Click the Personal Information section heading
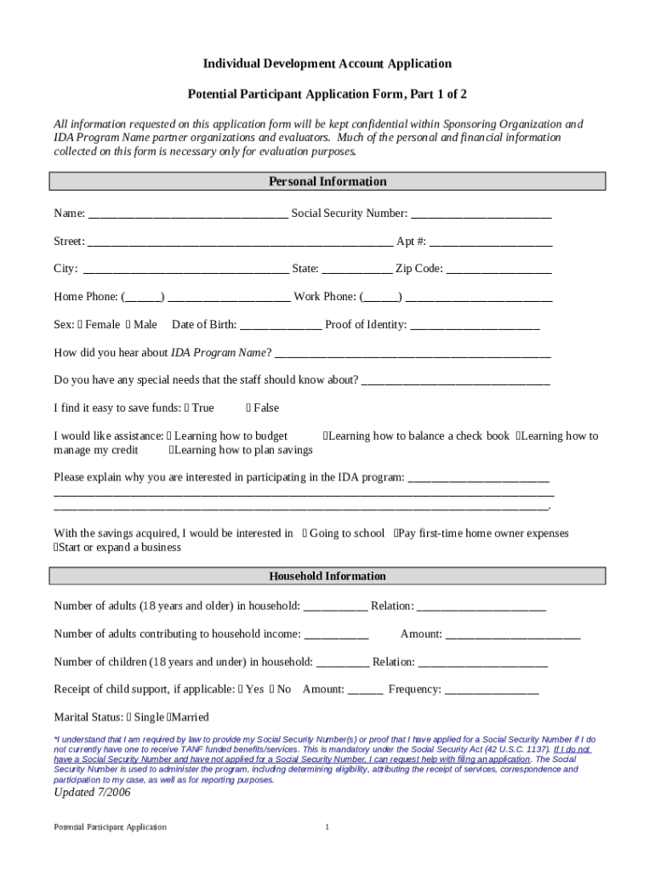(x=327, y=181)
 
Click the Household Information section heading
(x=327, y=576)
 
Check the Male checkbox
(x=128, y=324)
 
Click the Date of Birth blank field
(x=281, y=326)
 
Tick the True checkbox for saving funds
(x=187, y=408)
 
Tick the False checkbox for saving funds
(x=248, y=408)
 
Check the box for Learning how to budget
(x=170, y=435)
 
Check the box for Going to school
(x=305, y=533)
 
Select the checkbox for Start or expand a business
(x=56, y=547)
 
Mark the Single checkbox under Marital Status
(x=130, y=717)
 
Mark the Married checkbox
(x=170, y=717)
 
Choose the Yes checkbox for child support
(x=242, y=689)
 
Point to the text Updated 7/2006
(x=92, y=792)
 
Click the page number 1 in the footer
(x=327, y=827)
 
